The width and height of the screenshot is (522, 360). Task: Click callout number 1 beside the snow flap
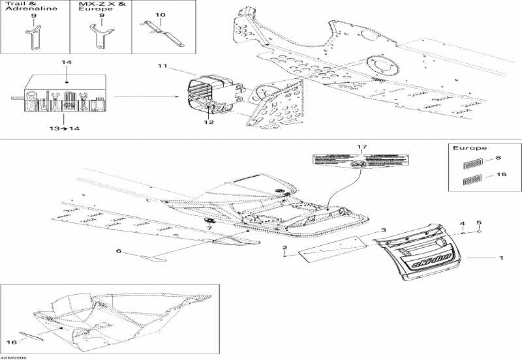pos(501,258)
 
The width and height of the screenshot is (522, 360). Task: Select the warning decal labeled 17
pos(358,162)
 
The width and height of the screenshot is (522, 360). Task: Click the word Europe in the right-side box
pos(466,148)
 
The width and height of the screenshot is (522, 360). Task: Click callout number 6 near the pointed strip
pos(119,251)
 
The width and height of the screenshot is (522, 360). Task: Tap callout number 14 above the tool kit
pos(66,62)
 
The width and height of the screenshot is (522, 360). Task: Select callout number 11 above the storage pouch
pos(162,66)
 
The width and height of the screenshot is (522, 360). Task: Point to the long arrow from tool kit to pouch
pos(144,98)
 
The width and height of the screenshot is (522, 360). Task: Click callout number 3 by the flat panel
pos(384,231)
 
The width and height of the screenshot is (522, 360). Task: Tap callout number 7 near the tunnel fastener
pos(209,228)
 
